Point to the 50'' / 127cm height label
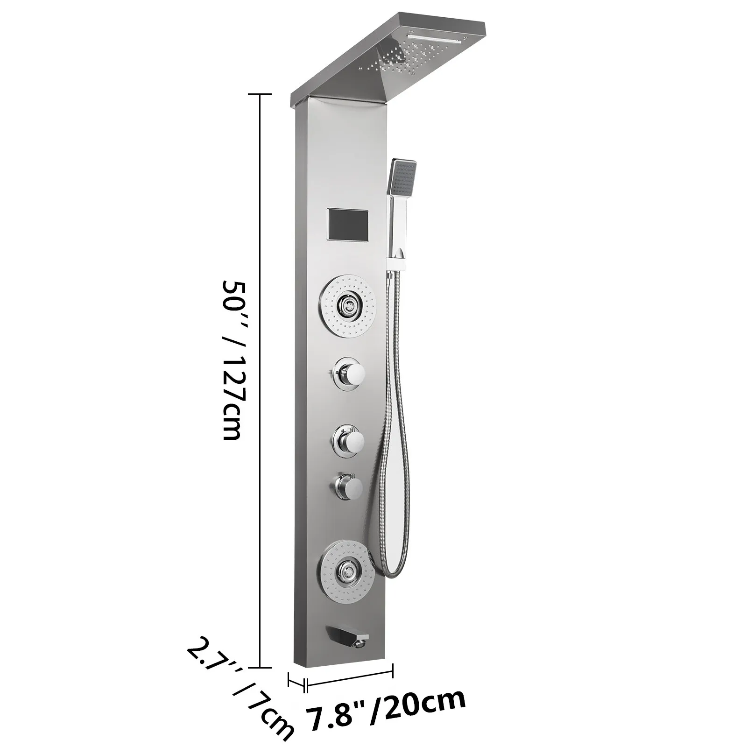pos(233,359)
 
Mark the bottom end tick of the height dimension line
pos(260,668)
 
